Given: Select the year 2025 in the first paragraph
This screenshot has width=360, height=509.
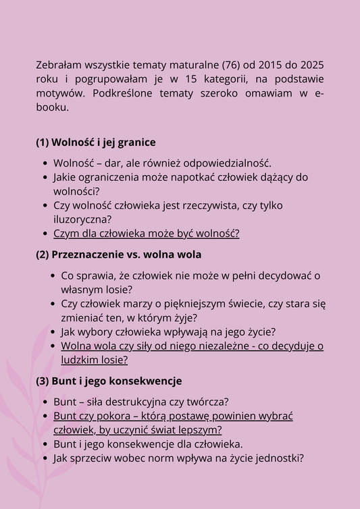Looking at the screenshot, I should (x=311, y=65).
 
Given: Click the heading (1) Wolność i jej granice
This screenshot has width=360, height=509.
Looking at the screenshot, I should (x=96, y=142).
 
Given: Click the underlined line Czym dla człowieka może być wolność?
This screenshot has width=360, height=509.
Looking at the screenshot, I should (x=147, y=234).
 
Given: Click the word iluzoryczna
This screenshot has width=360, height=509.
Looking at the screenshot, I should (x=82, y=219).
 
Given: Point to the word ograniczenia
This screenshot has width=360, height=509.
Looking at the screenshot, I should (x=111, y=178).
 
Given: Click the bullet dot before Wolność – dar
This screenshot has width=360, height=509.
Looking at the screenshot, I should (x=45, y=164).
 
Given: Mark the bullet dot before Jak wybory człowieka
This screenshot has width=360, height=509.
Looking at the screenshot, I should (x=53, y=332).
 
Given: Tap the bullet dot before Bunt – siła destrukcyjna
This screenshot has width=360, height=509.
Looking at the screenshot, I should (x=45, y=402).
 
